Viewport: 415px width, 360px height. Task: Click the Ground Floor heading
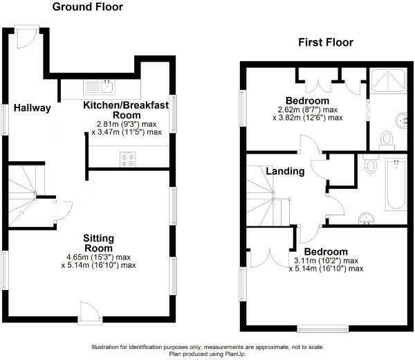pyautogui.click(x=88, y=8)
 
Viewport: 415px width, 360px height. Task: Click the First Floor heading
pyautogui.click(x=326, y=42)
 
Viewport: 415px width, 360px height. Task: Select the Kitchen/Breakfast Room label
pyautogui.click(x=123, y=109)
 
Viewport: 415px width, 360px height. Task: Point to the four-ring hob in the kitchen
pyautogui.click(x=129, y=159)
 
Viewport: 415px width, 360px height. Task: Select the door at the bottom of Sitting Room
pyautogui.click(x=89, y=313)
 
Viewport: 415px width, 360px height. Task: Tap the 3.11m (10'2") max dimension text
pyautogui.click(x=324, y=260)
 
